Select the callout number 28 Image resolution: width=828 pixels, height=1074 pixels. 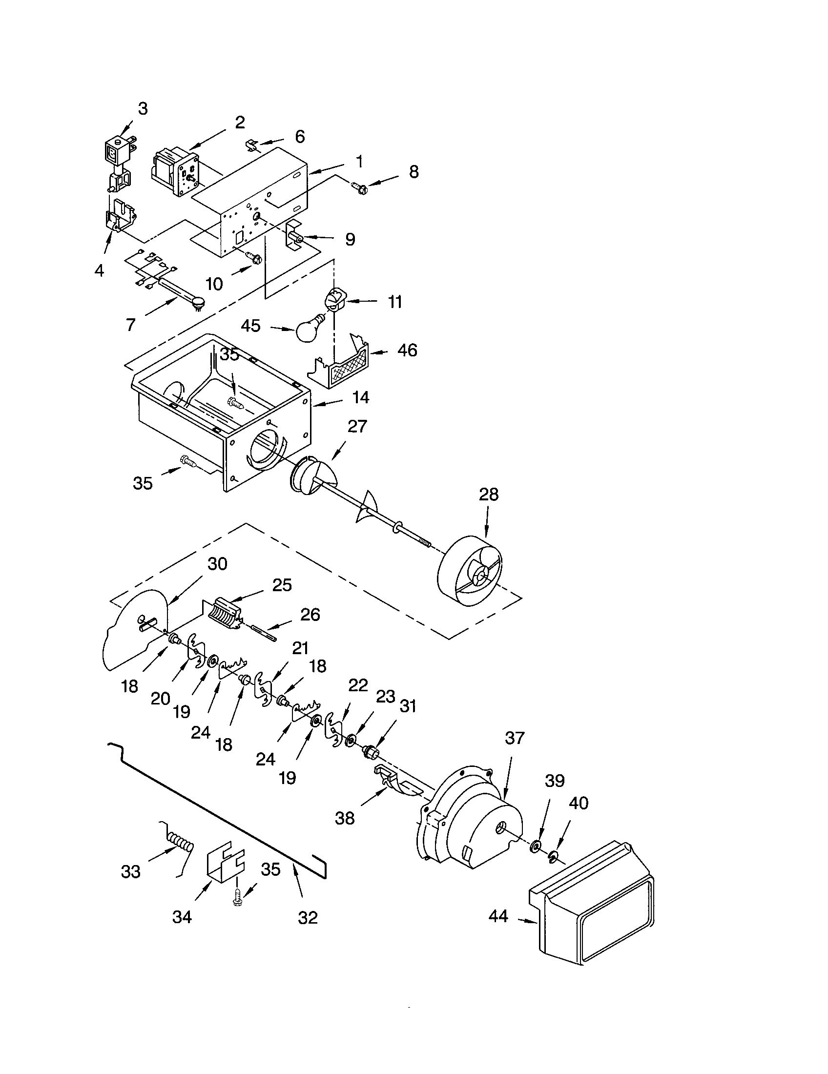(x=488, y=494)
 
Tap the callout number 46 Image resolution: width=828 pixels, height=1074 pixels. (x=407, y=351)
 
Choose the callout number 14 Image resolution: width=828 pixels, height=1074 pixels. (x=361, y=397)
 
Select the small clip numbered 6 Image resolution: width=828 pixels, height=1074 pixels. (x=252, y=145)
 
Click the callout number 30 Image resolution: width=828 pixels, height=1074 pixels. (x=217, y=563)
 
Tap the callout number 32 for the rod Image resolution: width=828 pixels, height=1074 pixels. (x=308, y=918)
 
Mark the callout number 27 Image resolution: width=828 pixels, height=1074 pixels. (x=357, y=426)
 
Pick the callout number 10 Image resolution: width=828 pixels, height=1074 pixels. (x=214, y=284)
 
